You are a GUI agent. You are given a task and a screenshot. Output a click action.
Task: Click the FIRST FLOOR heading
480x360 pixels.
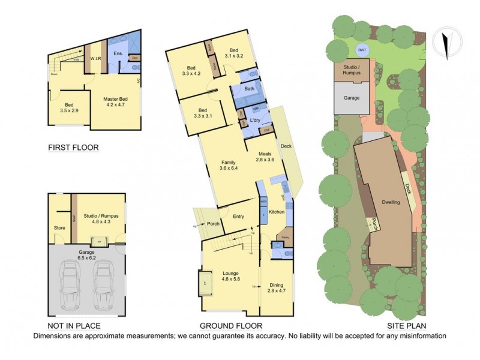coord(73,147)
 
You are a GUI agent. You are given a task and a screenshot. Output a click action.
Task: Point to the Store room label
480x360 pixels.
coord(59,227)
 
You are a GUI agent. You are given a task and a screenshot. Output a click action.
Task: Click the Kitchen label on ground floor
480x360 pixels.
coord(275,212)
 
